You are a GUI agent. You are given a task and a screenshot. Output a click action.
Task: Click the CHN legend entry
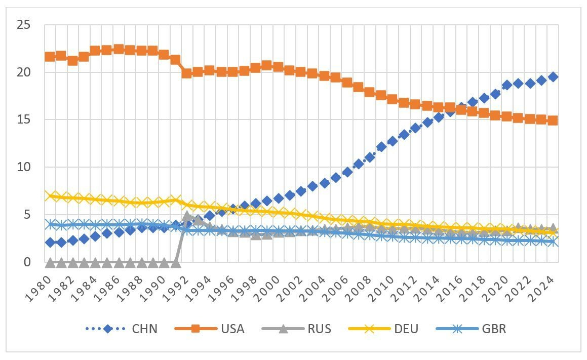click(126, 329)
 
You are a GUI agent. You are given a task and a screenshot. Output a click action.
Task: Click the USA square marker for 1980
click(50, 56)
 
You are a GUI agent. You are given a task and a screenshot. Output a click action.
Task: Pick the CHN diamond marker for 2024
click(553, 77)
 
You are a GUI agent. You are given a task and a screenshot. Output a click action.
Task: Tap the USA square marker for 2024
click(553, 121)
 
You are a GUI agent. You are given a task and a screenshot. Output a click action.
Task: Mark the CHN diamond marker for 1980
click(50, 243)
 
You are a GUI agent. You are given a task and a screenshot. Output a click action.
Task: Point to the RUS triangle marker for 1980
click(50, 262)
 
